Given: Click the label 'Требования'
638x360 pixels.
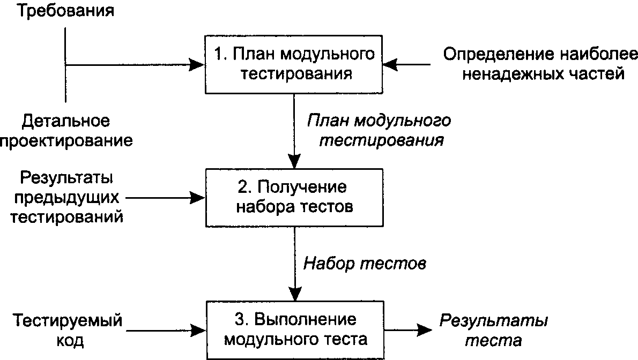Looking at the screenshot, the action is coord(65,11).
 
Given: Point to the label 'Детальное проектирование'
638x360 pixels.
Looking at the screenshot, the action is coord(66,131).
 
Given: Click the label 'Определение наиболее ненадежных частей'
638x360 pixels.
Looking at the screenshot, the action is coord(540,64).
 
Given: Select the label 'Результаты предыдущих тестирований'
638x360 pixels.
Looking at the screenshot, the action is coord(66,197).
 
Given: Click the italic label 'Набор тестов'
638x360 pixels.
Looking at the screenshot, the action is coord(365,264).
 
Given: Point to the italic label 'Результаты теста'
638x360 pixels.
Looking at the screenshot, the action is coord(494,331).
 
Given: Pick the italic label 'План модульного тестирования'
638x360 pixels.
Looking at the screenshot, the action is coord(379,131).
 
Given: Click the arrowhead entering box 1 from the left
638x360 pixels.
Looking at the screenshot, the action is coord(197,64).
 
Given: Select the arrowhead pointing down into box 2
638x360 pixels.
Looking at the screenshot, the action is coord(294,161).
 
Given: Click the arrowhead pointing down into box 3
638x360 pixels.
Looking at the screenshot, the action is coord(295,294).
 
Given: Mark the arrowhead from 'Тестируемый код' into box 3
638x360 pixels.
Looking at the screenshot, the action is coord(198,331).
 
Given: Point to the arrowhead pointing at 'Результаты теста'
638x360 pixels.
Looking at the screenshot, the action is coord(425,331).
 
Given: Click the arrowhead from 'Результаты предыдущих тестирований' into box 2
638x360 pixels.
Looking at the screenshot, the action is coord(198,198).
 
